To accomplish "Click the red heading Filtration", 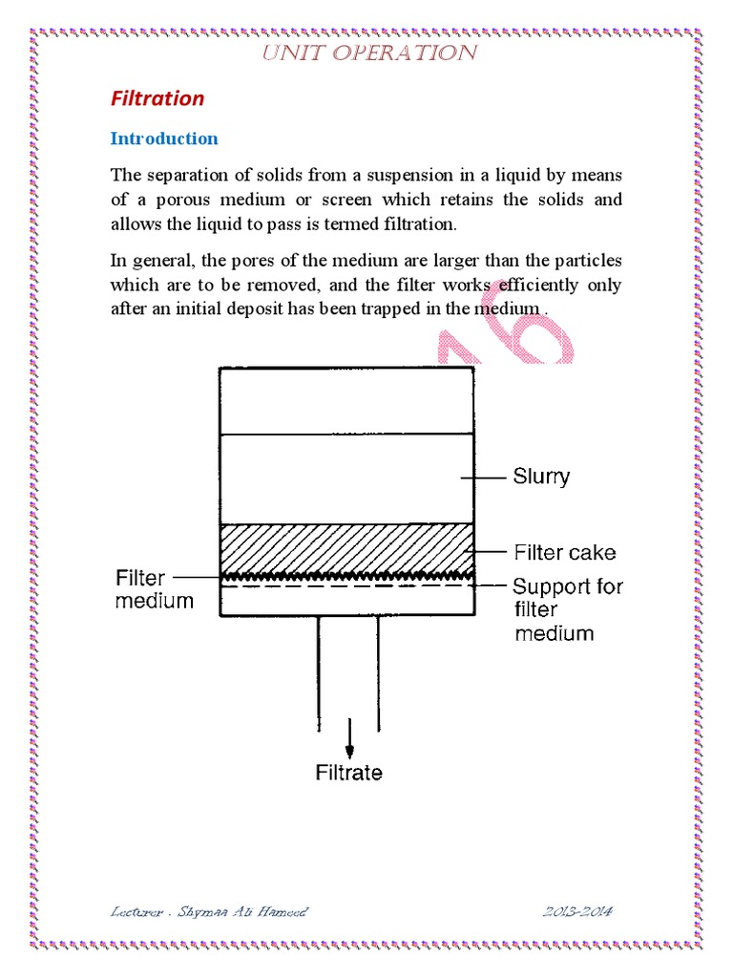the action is pos(157,98).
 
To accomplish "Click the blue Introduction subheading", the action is pos(164,138).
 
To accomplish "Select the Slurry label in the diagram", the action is pos(541,476).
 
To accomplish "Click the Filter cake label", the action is pos(565,552).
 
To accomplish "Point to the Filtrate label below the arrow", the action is pos(349,773).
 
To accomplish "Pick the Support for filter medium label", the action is pos(567,609).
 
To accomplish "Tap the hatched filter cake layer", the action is pos(346,547).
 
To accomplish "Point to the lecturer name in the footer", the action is pos(209,911).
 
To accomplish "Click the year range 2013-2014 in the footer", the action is pos(576,911).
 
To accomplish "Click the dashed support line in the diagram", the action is pos(346,585).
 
